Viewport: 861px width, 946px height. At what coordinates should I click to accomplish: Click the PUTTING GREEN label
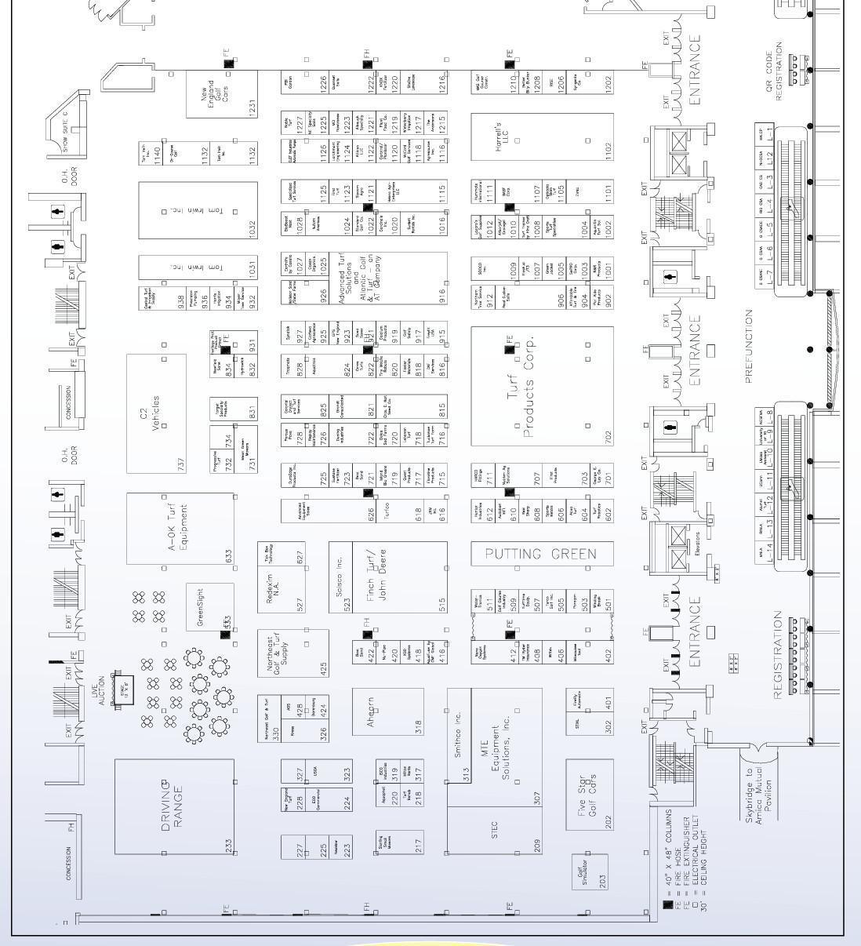click(x=541, y=554)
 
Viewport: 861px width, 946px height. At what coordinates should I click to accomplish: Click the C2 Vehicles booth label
click(x=150, y=413)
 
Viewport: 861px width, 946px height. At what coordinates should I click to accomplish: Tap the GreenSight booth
click(x=202, y=606)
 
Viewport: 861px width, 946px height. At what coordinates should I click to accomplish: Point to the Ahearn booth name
click(x=372, y=711)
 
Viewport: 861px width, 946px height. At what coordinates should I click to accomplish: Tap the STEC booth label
click(x=494, y=831)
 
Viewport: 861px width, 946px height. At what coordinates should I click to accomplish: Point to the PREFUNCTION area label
click(x=750, y=345)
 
